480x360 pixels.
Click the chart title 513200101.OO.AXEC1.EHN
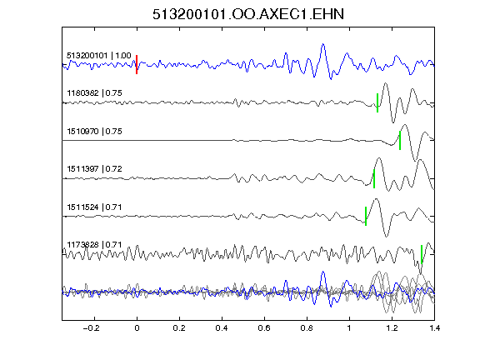pos(248,14)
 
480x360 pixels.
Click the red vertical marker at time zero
pos(137,65)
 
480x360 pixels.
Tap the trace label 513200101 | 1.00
pos(99,56)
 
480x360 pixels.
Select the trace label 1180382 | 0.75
pos(94,93)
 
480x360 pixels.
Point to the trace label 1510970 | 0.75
pos(94,132)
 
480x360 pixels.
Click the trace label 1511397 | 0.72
pos(94,169)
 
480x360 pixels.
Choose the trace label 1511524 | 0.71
pos(94,207)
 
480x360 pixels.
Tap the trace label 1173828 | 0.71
pos(94,245)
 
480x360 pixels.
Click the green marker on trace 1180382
pos(377,102)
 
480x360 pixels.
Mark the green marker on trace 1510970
pos(400,141)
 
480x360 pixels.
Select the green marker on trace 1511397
pos(374,178)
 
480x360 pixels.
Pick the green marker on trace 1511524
pos(366,216)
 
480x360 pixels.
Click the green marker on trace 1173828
pos(422,254)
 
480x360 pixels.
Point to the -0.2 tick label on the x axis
pos(91,328)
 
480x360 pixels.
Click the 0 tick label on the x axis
pos(137,328)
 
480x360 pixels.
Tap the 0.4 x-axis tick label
pos(222,328)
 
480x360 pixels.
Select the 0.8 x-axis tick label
pos(307,328)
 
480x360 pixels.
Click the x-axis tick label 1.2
pos(392,328)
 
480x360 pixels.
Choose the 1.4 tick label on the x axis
pos(434,328)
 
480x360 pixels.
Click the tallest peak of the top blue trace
pos(323,45)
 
